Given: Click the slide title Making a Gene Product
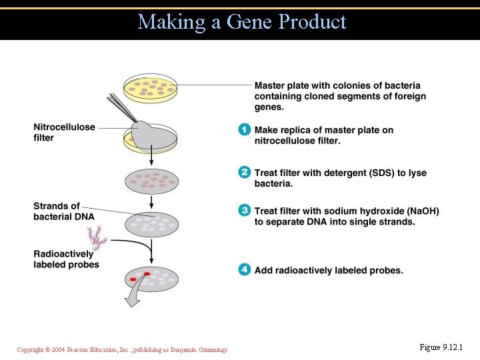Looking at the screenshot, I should [x=242, y=22].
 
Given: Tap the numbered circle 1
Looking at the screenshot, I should [x=245, y=130].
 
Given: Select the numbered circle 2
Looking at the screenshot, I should [x=245, y=173].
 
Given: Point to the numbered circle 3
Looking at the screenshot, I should [x=245, y=211].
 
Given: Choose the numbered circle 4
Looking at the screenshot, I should [x=245, y=270].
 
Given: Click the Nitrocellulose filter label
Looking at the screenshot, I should [x=64, y=132].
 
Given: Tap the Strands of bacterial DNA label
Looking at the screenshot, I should [x=64, y=211].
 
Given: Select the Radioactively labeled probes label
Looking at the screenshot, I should [x=66, y=259].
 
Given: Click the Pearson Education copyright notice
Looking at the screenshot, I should [x=122, y=350].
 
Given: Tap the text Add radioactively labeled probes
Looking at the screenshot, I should [x=329, y=270].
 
